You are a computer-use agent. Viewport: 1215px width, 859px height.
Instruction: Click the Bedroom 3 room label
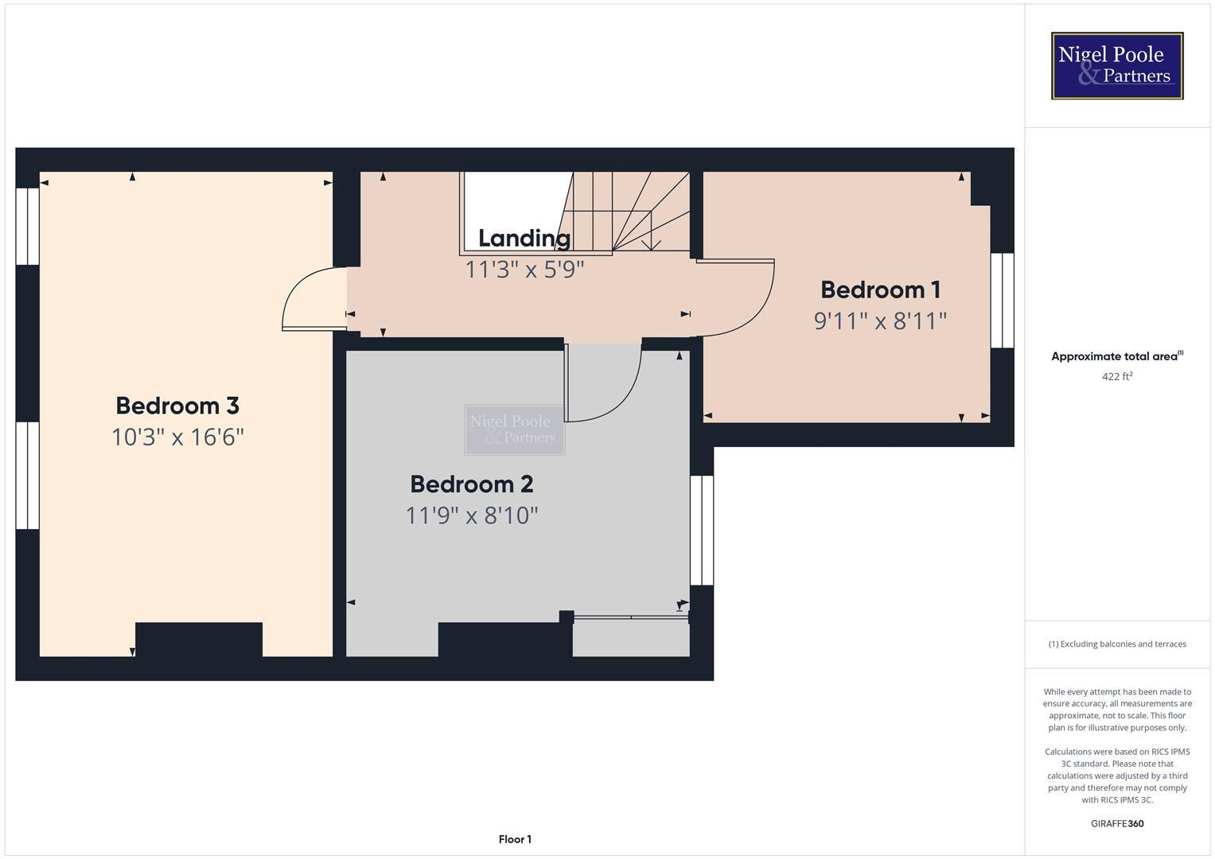coord(177,406)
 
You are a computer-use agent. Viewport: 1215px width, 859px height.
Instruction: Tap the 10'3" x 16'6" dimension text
coord(177,437)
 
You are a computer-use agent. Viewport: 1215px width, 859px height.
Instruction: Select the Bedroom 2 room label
coord(472,484)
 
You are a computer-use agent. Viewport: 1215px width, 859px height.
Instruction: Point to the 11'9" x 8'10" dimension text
coord(472,516)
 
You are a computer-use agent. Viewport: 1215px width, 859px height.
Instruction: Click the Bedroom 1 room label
coord(880,290)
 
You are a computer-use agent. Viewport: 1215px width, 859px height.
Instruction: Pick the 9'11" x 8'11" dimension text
coord(880,321)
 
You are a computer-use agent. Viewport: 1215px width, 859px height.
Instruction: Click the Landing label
coord(524,239)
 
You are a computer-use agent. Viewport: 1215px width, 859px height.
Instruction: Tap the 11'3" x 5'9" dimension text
coord(524,270)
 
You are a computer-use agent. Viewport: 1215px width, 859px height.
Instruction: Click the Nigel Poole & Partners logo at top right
coord(1117,66)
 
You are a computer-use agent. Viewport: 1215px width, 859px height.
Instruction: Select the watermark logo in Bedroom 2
coord(515,429)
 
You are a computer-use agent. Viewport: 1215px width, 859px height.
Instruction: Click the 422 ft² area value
coord(1117,376)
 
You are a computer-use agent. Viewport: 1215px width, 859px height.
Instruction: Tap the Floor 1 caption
coord(515,839)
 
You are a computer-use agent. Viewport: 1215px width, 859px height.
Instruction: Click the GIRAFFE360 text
coord(1117,823)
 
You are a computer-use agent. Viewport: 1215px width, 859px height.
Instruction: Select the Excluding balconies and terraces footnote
coord(1117,644)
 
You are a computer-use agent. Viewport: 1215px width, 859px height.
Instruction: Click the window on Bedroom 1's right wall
coord(1003,301)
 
